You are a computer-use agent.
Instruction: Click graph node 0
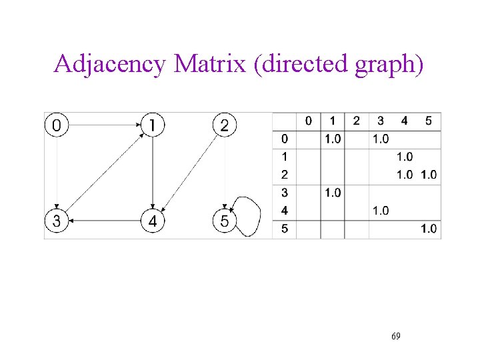[58, 125]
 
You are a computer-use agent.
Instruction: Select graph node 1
[153, 125]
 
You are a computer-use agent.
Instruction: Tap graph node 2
[225, 125]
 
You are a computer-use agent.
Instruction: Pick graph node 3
[57, 221]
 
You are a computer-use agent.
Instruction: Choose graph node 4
[153, 221]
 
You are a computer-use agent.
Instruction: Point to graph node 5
[225, 221]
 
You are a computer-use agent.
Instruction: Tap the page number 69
[396, 336]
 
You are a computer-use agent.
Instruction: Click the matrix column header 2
[356, 121]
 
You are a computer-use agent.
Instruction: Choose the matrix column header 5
[428, 121]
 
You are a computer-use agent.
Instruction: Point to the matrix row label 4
[285, 211]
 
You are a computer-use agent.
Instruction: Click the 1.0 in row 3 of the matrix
[332, 193]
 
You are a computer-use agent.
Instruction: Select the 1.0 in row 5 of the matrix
[429, 229]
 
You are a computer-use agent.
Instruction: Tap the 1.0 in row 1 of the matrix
[405, 157]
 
